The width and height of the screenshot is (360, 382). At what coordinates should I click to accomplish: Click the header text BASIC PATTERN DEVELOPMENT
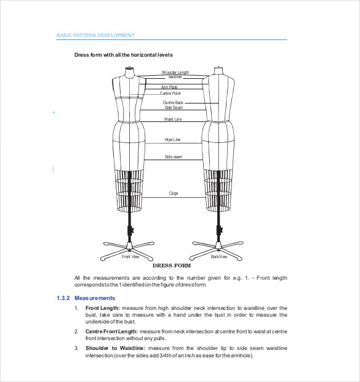point(95,36)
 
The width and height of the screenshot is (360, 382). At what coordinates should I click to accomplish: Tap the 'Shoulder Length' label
point(175,72)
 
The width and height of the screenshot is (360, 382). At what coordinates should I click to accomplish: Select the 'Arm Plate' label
point(170,87)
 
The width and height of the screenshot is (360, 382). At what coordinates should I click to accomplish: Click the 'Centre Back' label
point(173,102)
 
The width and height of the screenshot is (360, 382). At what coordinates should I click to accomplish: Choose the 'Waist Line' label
point(173,120)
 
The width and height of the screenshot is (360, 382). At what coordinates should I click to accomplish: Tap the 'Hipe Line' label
point(173,140)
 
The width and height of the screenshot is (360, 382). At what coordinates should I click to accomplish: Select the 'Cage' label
point(174,193)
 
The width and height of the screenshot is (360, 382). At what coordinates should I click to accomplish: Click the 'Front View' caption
point(130,256)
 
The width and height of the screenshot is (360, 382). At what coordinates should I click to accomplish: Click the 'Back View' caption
point(219,256)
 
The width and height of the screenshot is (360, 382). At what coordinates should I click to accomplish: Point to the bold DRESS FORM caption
point(172,266)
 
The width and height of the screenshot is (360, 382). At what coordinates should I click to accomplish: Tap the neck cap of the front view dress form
point(129,70)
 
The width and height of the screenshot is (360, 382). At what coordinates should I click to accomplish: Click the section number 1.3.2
point(63,298)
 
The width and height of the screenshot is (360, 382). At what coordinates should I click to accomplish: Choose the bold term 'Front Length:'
point(102,307)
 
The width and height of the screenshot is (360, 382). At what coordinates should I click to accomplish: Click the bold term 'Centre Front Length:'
point(111,331)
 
